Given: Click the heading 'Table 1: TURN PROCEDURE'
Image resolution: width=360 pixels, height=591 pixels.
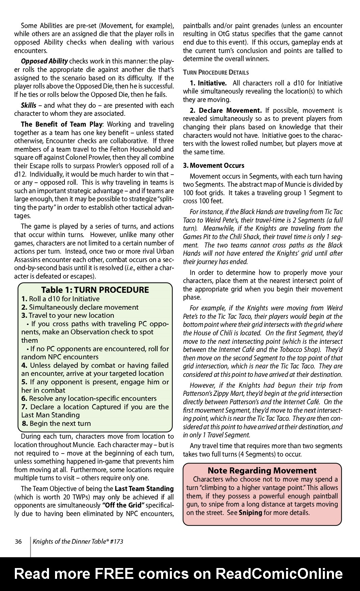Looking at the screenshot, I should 95,290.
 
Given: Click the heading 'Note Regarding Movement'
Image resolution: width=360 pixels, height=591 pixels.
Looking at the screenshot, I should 262,470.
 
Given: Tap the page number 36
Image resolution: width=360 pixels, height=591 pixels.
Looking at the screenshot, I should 18,541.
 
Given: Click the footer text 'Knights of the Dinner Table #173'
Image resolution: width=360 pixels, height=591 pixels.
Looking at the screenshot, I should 78,541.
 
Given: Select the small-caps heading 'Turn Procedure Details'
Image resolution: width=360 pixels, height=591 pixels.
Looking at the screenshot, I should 216,72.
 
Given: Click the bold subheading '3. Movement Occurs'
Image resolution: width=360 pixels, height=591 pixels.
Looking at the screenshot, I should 213,165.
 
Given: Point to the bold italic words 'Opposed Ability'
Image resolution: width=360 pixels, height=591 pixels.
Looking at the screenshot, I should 44,61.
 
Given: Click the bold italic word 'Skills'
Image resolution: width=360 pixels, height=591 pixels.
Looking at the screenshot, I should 28,105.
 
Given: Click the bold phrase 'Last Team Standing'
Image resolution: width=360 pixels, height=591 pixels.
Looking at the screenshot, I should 144,489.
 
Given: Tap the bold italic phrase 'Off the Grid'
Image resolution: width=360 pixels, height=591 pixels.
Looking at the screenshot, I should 123,505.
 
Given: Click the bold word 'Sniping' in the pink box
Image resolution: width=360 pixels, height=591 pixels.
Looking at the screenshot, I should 250,513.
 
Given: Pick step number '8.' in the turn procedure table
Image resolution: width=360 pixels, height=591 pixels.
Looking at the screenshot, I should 25,423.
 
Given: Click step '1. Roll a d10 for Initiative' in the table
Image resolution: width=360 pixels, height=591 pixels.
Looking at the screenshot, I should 60,299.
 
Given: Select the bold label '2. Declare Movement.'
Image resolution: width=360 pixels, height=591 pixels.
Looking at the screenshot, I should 226,110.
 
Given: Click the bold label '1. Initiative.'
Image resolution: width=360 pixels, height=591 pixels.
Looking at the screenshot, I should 208,83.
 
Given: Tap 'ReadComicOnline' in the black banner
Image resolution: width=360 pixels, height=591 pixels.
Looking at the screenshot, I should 279,574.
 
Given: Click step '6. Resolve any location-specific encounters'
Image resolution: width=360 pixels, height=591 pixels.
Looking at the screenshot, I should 89,399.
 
